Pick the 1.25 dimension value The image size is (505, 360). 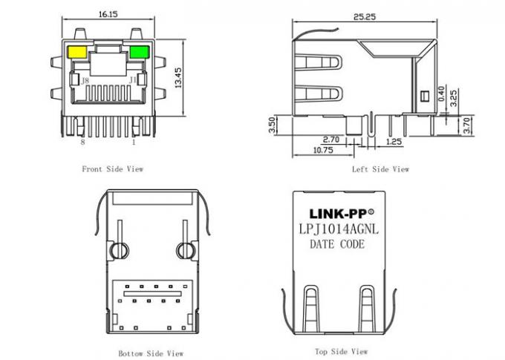tap(394, 139)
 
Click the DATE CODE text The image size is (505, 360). tap(337, 244)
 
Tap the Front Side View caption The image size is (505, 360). tap(112, 169)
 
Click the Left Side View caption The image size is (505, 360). tap(380, 169)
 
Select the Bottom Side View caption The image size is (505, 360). tap(151, 353)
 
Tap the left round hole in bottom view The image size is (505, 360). tap(116, 250)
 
